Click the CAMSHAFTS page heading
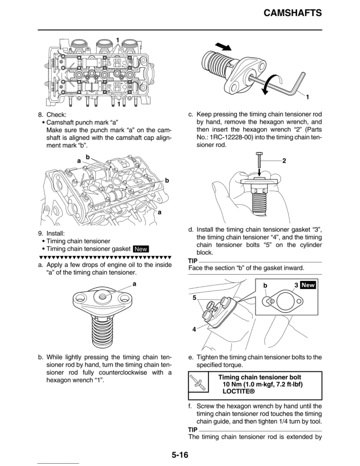292,13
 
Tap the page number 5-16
180,455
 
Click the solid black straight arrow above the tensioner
223,46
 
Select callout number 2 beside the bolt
284,161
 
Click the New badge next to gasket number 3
308,285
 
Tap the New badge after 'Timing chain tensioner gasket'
141,249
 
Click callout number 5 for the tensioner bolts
194,298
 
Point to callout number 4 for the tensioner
194,329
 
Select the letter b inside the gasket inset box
265,285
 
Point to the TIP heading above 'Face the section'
193,261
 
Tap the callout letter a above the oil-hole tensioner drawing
134,284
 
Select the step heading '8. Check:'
52,115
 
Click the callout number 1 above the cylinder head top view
118,40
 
